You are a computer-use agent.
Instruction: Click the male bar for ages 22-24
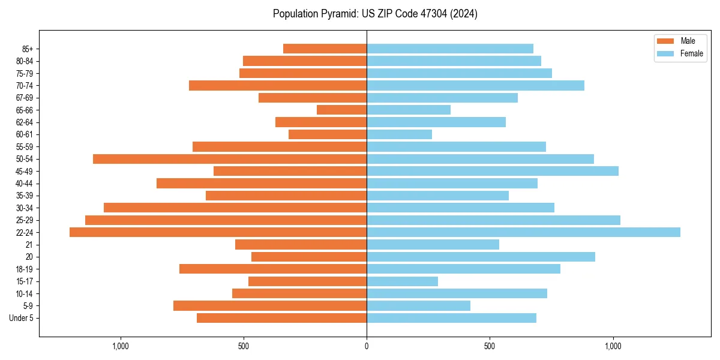[x=218, y=232]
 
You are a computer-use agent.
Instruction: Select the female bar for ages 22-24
[x=523, y=232]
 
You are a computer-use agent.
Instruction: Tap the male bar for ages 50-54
[x=230, y=159]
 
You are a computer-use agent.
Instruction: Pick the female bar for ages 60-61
[x=399, y=134]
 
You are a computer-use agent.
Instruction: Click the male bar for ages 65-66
[x=341, y=110]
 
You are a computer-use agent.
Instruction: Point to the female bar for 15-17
[x=402, y=281]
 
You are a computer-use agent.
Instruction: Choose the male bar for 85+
[x=325, y=49]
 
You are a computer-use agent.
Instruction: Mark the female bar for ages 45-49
[x=492, y=171]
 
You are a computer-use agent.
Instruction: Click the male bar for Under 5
[x=281, y=318]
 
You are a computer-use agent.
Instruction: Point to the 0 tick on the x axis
[x=367, y=346]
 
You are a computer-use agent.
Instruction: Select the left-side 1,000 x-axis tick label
[x=121, y=346]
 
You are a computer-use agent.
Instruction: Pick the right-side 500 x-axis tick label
[x=490, y=346]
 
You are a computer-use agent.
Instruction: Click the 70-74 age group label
[x=25, y=86]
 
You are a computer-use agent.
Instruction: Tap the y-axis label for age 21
[x=29, y=245]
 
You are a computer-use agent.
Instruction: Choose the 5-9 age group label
[x=28, y=306]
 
